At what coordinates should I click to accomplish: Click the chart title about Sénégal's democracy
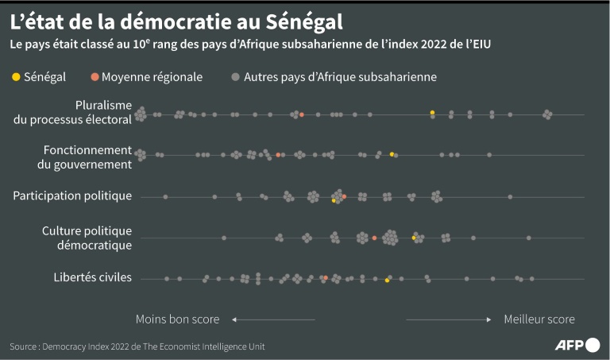[176, 18]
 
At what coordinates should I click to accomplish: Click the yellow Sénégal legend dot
[15, 77]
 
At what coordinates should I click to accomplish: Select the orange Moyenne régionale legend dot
[95, 77]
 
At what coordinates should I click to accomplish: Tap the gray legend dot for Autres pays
[235, 77]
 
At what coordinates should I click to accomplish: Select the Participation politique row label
[72, 195]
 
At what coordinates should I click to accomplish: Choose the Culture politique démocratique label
[87, 238]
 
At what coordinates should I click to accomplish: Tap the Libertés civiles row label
[92, 277]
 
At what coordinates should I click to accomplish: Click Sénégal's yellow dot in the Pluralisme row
[432, 113]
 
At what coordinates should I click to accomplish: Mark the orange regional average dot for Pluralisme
[302, 115]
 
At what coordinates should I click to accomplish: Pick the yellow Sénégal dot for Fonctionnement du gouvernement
[392, 153]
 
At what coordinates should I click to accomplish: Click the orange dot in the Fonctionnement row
[278, 154]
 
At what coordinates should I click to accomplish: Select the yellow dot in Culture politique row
[413, 238]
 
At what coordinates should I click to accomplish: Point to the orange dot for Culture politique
[374, 238]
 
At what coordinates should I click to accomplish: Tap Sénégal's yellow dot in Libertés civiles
[387, 281]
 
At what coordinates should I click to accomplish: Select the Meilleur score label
[539, 319]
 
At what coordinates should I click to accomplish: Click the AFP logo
[577, 345]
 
